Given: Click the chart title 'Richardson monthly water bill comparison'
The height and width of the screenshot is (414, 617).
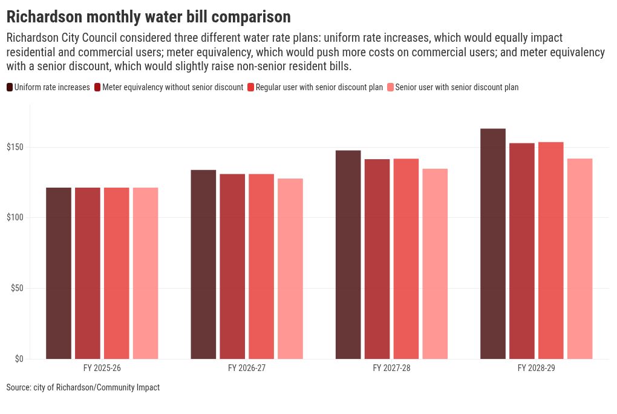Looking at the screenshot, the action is click(x=149, y=16).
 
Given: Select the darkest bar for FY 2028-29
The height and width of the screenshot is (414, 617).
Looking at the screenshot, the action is click(x=492, y=244).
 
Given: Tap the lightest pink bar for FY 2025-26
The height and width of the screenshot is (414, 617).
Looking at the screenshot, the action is click(x=146, y=274).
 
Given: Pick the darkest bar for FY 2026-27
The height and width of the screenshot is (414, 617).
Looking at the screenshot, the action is click(x=203, y=264).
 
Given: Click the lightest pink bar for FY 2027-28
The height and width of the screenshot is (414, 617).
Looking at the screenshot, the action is click(x=435, y=264).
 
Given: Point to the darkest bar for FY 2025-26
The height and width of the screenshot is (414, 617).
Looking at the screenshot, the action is click(x=59, y=274).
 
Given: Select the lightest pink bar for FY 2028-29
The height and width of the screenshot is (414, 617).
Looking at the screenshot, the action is click(x=579, y=259).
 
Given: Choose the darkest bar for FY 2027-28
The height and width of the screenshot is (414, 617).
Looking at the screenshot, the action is click(x=348, y=254).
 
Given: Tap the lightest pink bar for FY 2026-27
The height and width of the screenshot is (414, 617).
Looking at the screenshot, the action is click(x=290, y=269).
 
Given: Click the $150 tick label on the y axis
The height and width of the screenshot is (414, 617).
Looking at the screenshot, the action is click(x=15, y=147).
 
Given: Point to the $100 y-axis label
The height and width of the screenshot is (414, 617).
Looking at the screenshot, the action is click(x=15, y=217).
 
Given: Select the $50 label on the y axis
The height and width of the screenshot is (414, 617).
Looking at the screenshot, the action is click(x=17, y=288).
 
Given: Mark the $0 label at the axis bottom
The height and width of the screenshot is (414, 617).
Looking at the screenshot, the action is click(x=19, y=359).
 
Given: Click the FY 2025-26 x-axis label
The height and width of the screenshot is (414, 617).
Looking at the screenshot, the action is click(x=102, y=368).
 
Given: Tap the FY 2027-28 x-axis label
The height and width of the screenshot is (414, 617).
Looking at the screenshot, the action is click(x=391, y=368).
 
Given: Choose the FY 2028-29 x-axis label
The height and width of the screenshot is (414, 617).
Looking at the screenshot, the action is click(x=537, y=368).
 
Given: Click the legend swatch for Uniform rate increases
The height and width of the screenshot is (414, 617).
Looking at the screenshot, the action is click(x=10, y=87).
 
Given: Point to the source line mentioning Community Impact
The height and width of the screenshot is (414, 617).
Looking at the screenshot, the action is click(x=83, y=387).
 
